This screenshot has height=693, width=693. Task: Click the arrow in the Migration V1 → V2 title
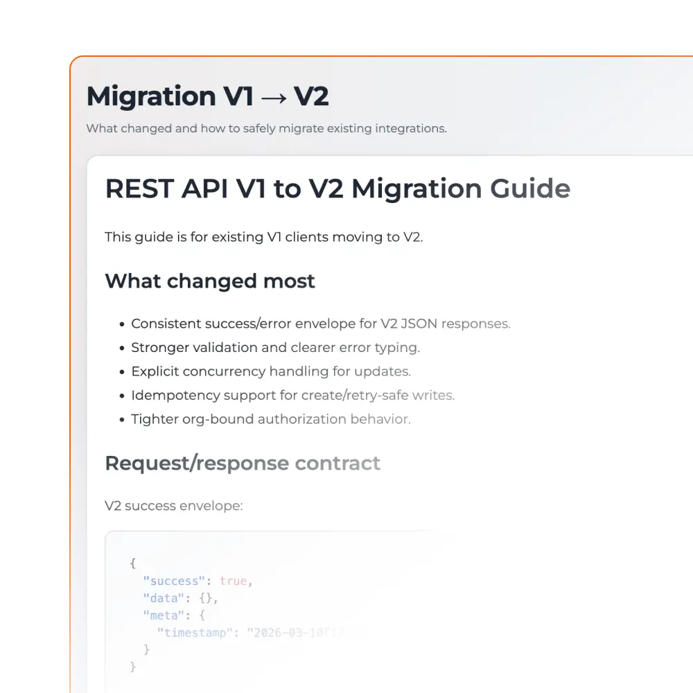coord(275,97)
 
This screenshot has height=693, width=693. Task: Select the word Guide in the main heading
coord(530,188)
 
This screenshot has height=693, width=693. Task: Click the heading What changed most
coord(210,281)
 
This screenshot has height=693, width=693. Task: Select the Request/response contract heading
coord(243,463)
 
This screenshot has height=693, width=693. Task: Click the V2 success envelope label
coord(174,506)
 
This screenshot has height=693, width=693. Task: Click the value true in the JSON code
coord(234,581)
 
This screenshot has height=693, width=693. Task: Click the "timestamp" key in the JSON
coord(195,632)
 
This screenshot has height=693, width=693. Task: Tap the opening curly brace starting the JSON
coord(133,564)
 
